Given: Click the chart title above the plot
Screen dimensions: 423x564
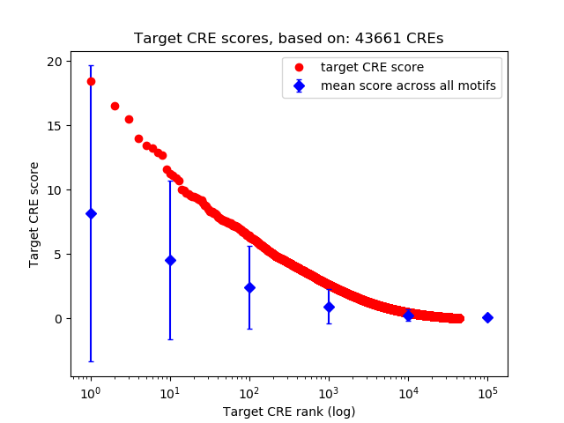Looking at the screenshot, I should point(288,39).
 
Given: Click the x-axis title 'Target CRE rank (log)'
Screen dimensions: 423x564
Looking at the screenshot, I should point(289,412).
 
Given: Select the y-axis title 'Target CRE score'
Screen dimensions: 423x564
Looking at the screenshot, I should point(34,214).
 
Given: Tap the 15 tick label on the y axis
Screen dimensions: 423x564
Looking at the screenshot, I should point(55,126).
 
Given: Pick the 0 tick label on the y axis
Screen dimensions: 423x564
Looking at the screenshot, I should point(58,319).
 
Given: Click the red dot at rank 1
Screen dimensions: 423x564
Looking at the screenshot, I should point(91,81).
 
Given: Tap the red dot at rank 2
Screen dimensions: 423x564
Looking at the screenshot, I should point(115,106).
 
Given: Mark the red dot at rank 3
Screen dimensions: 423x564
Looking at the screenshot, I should point(129,119).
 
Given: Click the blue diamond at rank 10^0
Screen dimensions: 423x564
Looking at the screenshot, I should point(91,213).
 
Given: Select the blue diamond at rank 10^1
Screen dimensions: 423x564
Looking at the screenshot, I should point(170,260).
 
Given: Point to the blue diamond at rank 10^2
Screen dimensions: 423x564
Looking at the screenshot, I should point(249,287).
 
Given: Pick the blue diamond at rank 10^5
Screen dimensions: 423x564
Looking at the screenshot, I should point(487,317).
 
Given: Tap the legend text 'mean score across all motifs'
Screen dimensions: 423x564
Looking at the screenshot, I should point(408,85).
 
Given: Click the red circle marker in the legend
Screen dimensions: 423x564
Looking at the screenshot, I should point(299,67).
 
